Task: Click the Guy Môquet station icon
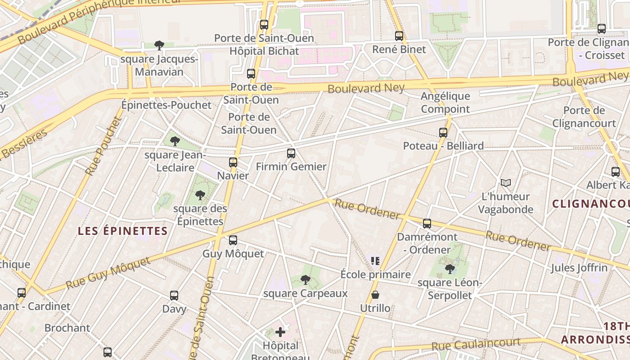[x=233, y=240]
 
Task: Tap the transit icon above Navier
[x=233, y=162]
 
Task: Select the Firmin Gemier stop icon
[x=291, y=153]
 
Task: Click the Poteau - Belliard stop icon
[x=443, y=132]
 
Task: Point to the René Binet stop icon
[x=399, y=36]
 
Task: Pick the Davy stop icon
[x=174, y=296]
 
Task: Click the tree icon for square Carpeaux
[x=306, y=280]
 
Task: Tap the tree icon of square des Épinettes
[x=200, y=195]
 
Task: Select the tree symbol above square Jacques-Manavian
[x=159, y=45]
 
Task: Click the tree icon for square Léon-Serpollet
[x=450, y=269]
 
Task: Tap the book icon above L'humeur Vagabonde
[x=506, y=183]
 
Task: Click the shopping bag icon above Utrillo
[x=375, y=295]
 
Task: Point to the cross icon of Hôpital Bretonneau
[x=280, y=333]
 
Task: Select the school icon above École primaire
[x=375, y=261]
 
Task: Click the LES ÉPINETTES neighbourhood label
[x=123, y=231]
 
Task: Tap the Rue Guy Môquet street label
[x=108, y=273]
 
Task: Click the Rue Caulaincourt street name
[x=476, y=344]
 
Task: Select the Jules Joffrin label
[x=579, y=268]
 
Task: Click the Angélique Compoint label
[x=445, y=103]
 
